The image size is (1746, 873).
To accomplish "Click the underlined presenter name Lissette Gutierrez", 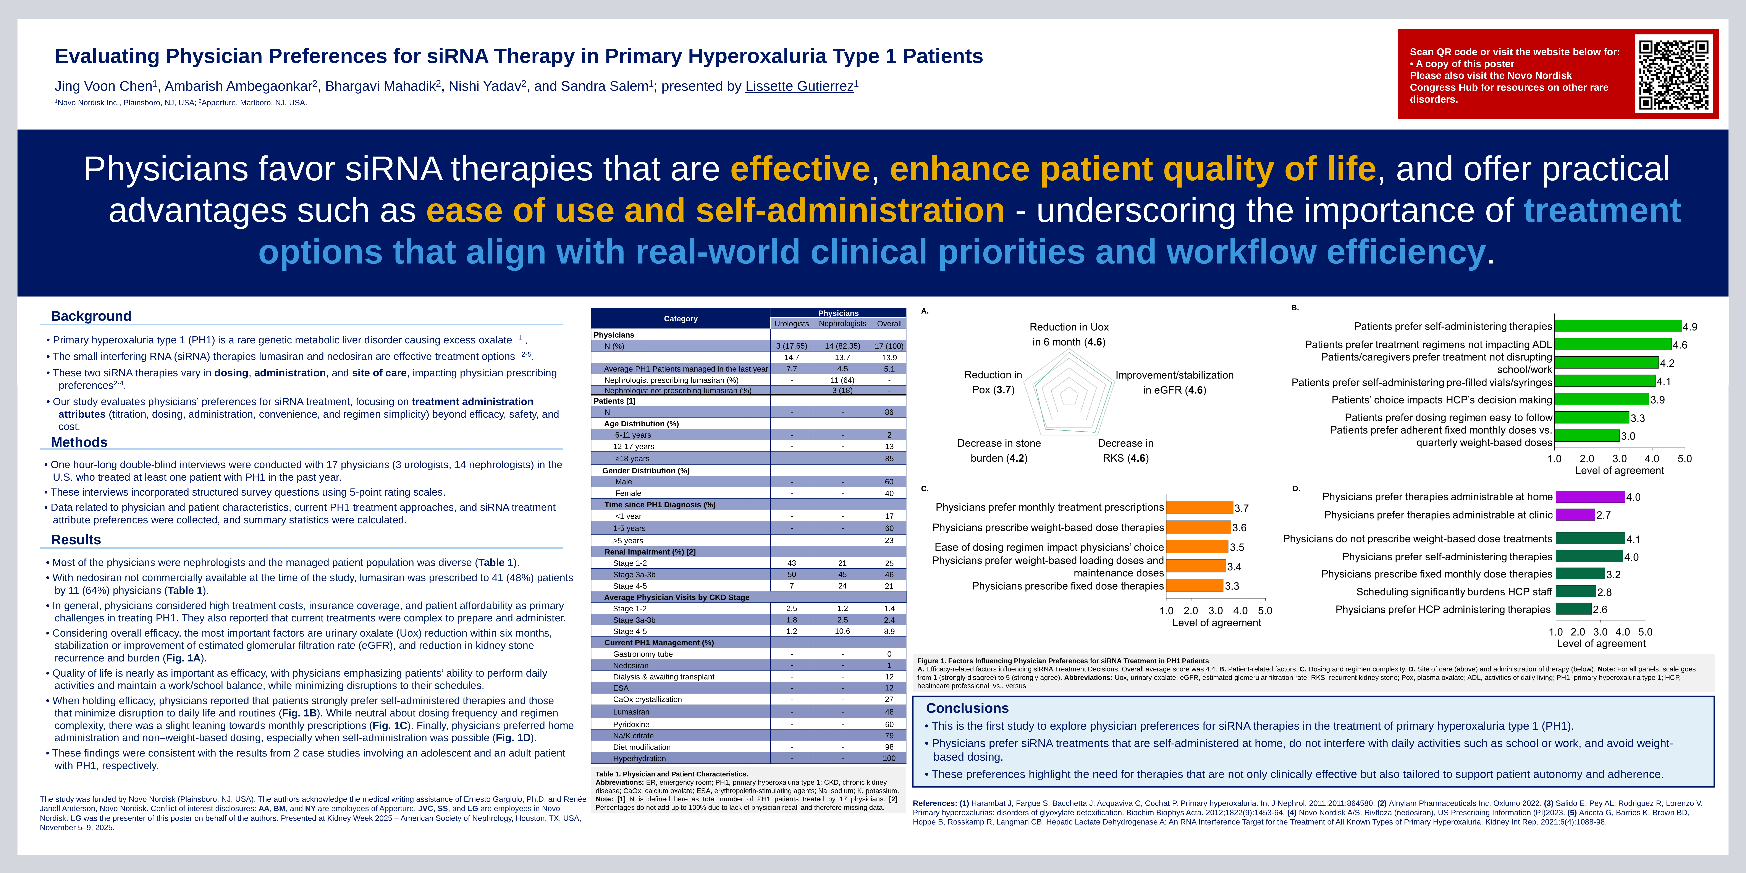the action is click(799, 86).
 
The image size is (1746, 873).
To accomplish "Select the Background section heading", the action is click(91, 316).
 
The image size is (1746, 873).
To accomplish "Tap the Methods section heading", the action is click(79, 442).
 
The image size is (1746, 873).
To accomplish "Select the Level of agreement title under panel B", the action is click(1619, 470).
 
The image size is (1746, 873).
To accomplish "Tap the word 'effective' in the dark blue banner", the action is click(800, 169).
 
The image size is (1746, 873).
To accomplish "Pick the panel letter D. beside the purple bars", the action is click(1296, 488).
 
